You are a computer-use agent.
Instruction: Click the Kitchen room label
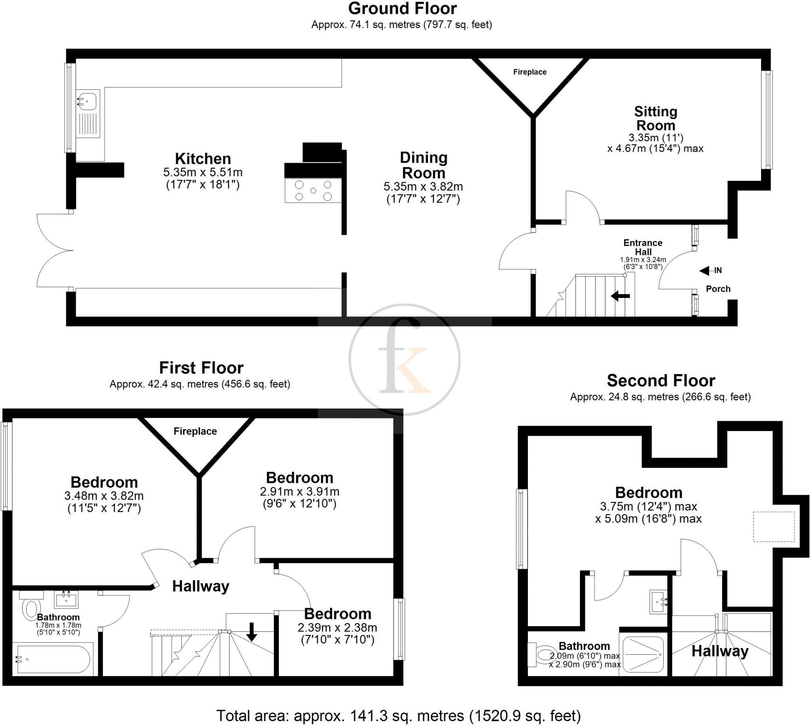tap(203, 159)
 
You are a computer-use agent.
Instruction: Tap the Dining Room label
tap(423, 165)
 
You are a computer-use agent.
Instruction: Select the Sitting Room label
tap(655, 118)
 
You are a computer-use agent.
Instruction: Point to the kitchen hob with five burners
tap(313, 191)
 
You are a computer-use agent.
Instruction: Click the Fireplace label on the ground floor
tap(529, 72)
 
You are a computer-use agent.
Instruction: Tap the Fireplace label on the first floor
tap(195, 431)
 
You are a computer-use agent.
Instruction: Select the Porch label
tap(718, 289)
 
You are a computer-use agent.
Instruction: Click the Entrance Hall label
tap(643, 247)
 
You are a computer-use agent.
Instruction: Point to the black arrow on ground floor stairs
tap(620, 296)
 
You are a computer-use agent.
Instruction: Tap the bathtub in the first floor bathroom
tap(53, 659)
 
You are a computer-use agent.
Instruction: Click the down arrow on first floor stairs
tap(251, 631)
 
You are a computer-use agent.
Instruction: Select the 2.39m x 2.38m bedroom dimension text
tap(337, 634)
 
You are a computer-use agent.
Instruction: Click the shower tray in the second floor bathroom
tap(643, 654)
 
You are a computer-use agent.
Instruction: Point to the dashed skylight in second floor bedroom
tap(773, 527)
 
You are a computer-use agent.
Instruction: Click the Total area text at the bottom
tap(398, 716)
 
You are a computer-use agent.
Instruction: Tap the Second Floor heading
tap(661, 380)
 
